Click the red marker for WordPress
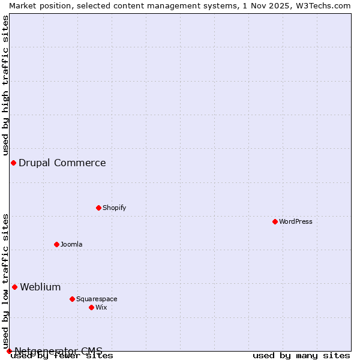pos(275,221)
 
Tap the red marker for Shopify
pos(98,208)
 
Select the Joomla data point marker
pos(56,244)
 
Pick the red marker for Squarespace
pos(72,299)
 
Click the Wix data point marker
pos(91,307)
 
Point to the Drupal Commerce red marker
pos(13,163)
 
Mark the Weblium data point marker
pos(14,287)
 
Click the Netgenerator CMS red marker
pos(9,351)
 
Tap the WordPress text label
pos(296,221)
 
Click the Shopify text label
pos(114,208)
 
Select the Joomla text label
pos(71,244)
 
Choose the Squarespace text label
pos(97,299)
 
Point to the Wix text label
pos(101,307)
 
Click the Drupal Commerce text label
pos(62,163)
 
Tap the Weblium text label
pos(40,287)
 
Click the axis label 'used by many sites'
pos(301,355)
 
